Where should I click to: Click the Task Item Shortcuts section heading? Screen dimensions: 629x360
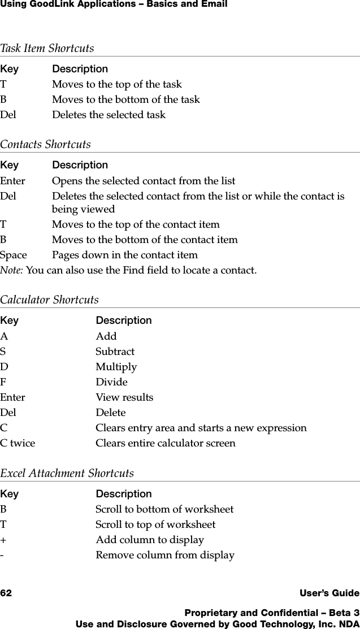[47, 49]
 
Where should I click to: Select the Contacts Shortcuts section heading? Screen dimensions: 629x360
[45, 145]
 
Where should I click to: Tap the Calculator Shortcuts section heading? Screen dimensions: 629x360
[49, 300]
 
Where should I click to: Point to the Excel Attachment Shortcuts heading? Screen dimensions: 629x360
[67, 474]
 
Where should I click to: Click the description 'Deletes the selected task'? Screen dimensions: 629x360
[109, 115]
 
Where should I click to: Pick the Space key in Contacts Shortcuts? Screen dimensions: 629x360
[13, 255]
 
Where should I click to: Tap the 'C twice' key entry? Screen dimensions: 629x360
[18, 443]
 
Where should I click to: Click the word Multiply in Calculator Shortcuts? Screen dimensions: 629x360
[116, 367]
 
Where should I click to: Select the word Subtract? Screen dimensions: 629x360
[115, 352]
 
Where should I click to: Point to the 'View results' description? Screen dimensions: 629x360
[124, 397]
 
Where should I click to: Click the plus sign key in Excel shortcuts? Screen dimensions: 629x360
[3, 540]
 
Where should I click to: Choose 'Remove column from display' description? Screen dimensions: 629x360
[164, 555]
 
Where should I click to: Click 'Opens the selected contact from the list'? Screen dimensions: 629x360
[144, 181]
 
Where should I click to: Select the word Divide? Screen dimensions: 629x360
[111, 382]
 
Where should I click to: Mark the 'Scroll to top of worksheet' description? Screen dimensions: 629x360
[155, 524]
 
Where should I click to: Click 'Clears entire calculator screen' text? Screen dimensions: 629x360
[165, 443]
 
